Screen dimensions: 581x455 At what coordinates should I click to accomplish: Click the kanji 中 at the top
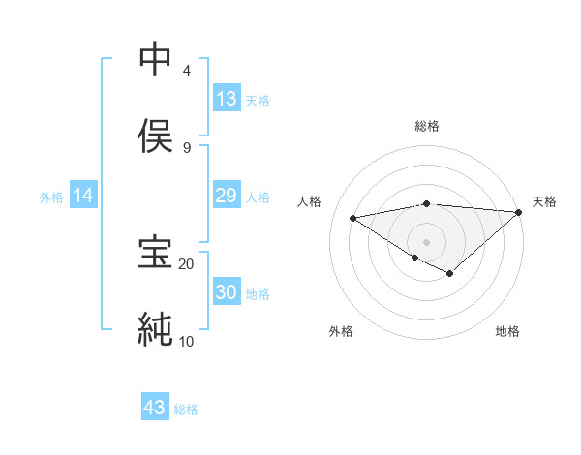(156, 59)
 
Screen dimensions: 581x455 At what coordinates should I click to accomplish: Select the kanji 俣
(156, 136)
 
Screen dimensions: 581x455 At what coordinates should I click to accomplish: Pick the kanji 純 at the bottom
(156, 329)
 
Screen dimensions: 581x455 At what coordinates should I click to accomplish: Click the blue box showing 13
(227, 99)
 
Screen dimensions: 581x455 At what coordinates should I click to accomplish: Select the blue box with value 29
(227, 197)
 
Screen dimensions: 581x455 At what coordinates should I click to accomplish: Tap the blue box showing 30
(227, 292)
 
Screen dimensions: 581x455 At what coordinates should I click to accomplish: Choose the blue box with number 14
(83, 197)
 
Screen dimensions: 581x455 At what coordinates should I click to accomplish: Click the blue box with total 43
(155, 408)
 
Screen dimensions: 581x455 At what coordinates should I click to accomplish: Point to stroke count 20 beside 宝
(187, 263)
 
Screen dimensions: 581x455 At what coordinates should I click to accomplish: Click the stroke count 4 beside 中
(187, 70)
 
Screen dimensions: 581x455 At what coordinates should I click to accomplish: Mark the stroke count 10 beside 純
(187, 341)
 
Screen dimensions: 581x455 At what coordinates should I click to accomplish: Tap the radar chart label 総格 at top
(427, 126)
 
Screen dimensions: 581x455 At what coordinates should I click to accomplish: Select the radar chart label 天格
(544, 201)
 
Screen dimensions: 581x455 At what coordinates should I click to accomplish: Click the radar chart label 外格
(341, 331)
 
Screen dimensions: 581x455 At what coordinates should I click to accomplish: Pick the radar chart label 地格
(507, 331)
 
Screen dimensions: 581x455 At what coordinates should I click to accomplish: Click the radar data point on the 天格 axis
(519, 212)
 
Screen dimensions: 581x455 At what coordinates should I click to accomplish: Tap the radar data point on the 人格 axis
(353, 217)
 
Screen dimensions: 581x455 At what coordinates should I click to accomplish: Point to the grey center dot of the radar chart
(427, 241)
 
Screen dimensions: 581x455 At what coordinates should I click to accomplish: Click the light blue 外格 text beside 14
(51, 197)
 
